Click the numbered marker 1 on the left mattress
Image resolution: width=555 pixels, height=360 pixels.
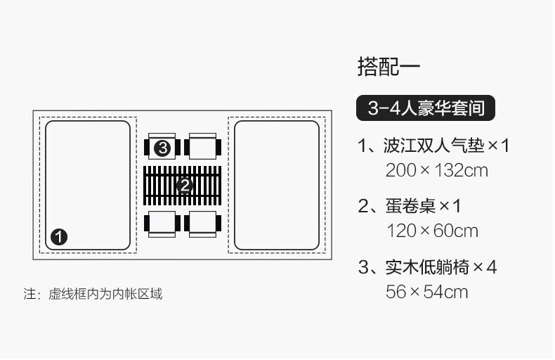59,236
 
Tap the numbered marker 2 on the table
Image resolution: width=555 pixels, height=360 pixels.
184,185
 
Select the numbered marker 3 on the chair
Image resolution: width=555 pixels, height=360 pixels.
163,148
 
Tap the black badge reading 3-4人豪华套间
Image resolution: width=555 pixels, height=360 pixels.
426,108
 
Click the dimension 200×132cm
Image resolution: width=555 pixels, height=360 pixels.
436,169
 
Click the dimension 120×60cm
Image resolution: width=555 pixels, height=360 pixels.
432,230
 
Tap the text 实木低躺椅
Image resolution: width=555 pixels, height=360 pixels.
425,268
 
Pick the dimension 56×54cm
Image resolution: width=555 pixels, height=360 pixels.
426,291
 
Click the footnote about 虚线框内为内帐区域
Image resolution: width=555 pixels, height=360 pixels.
93,293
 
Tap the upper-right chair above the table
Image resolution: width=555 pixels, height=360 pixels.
204,147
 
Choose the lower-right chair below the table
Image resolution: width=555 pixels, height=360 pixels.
204,223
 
